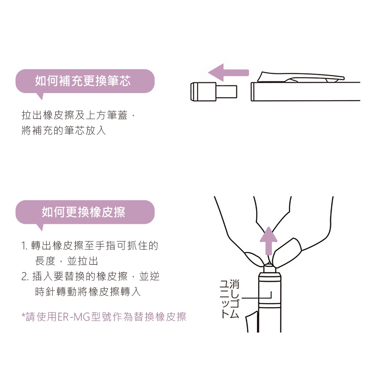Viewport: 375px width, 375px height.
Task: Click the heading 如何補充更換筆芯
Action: point(83,81)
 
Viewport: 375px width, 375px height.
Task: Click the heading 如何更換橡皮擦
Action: point(84,212)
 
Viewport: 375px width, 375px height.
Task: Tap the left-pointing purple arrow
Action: point(229,72)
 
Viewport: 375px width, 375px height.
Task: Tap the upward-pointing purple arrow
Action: point(268,241)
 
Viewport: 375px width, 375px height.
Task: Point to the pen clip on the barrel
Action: point(301,77)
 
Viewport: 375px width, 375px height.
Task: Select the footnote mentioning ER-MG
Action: point(104,316)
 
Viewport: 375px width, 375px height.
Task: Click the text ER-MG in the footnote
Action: point(74,317)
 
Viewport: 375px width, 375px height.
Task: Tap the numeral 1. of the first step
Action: point(25,246)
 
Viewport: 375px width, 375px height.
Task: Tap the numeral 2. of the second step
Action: point(25,277)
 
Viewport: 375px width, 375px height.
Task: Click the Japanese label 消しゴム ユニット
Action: point(229,299)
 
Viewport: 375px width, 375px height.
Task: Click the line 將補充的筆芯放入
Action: point(64,130)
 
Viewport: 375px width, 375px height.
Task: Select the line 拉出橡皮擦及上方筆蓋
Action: point(75,115)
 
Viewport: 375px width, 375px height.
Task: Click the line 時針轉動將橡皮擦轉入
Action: point(88,292)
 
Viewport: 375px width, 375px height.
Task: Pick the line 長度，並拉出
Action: point(66,261)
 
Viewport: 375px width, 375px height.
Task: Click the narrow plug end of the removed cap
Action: point(226,91)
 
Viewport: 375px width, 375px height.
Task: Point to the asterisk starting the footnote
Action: point(23,315)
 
